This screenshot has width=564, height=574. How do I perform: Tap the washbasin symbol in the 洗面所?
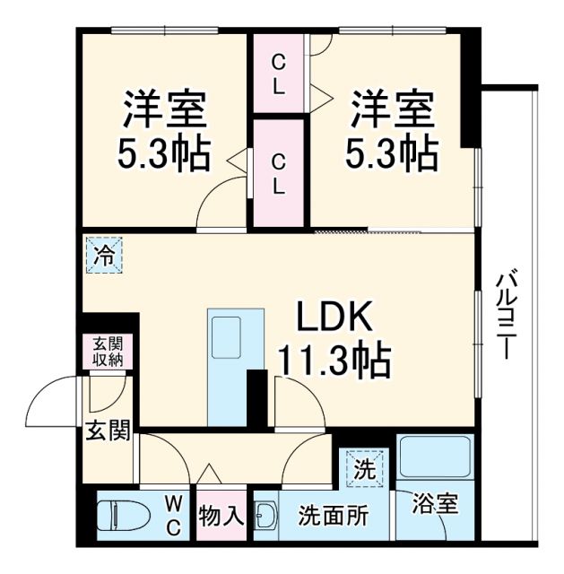pyautogui.click(x=265, y=517)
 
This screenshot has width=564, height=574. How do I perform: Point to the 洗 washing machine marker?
pyautogui.click(x=364, y=467)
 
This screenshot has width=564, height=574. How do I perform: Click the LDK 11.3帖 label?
pyautogui.click(x=333, y=340)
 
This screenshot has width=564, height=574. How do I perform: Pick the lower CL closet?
pyautogui.click(x=280, y=174)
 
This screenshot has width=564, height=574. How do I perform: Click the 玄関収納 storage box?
pyautogui.click(x=108, y=352)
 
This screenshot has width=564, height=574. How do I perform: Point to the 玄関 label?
pyautogui.click(x=108, y=430)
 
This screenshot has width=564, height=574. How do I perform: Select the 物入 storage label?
pyautogui.click(x=221, y=517)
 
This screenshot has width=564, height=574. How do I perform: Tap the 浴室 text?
pyautogui.click(x=436, y=504)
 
